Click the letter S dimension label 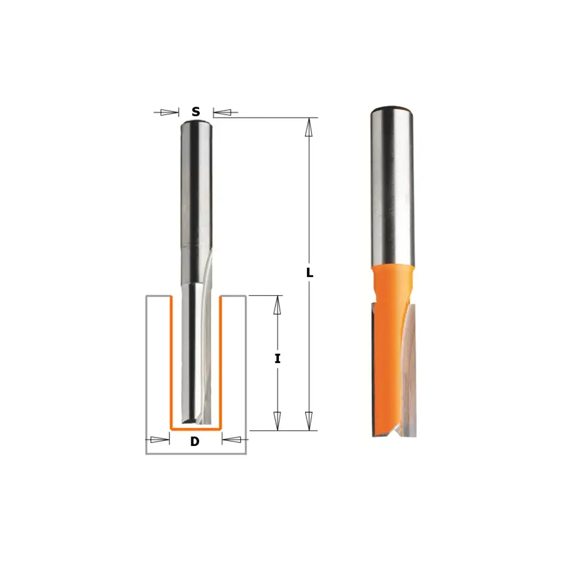tap(196, 112)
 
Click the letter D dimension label tap(195, 442)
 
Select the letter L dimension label tap(310, 273)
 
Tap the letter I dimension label tap(277, 358)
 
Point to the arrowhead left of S tap(169, 112)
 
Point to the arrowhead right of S tap(222, 112)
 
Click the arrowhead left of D tap(160, 440)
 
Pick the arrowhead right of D tap(231, 440)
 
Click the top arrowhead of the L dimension tap(309, 127)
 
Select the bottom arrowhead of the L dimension tap(309, 421)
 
